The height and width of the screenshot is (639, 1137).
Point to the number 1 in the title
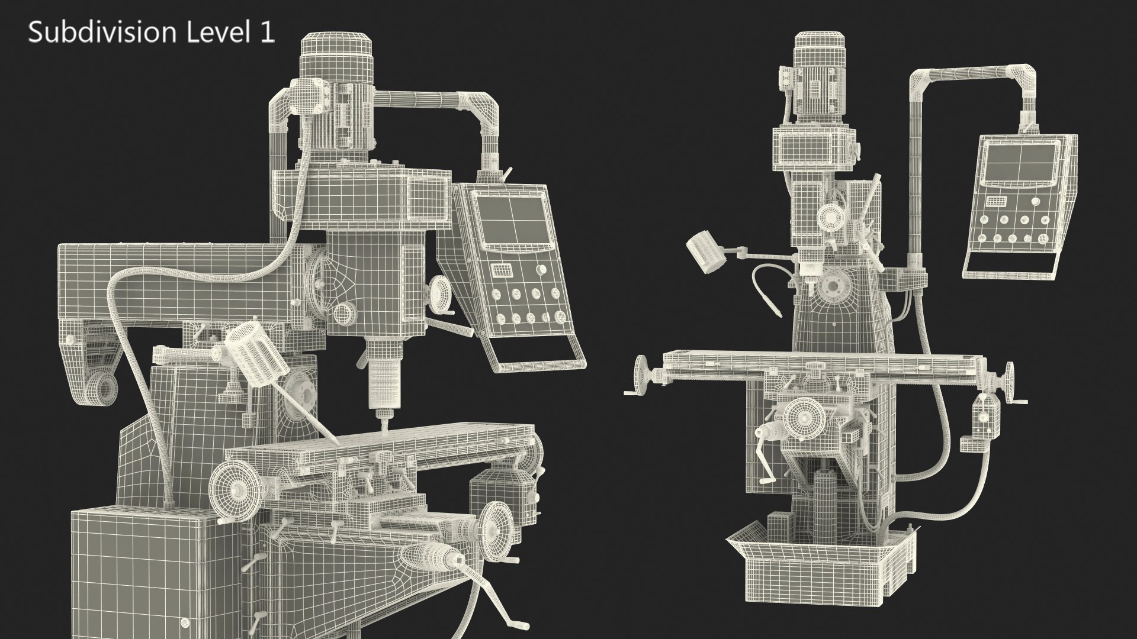[x=267, y=33]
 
